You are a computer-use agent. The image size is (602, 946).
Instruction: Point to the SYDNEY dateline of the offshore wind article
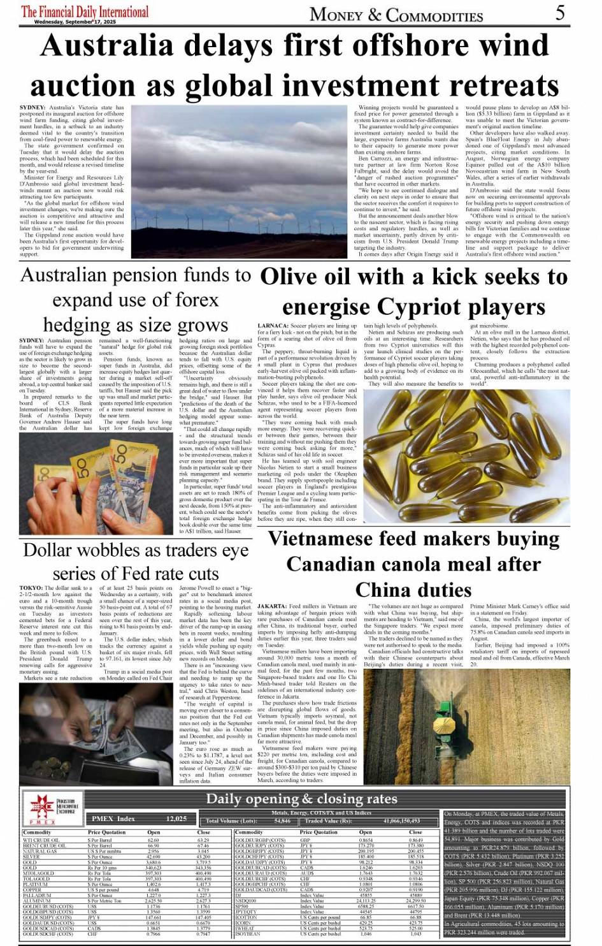(32, 108)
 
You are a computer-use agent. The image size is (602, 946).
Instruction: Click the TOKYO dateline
(31, 588)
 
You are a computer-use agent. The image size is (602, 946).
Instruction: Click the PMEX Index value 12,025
(176, 819)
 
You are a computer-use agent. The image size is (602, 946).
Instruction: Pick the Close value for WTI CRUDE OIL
(203, 840)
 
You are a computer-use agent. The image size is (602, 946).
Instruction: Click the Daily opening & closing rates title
(301, 799)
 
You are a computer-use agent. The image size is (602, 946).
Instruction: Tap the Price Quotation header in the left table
(106, 833)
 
